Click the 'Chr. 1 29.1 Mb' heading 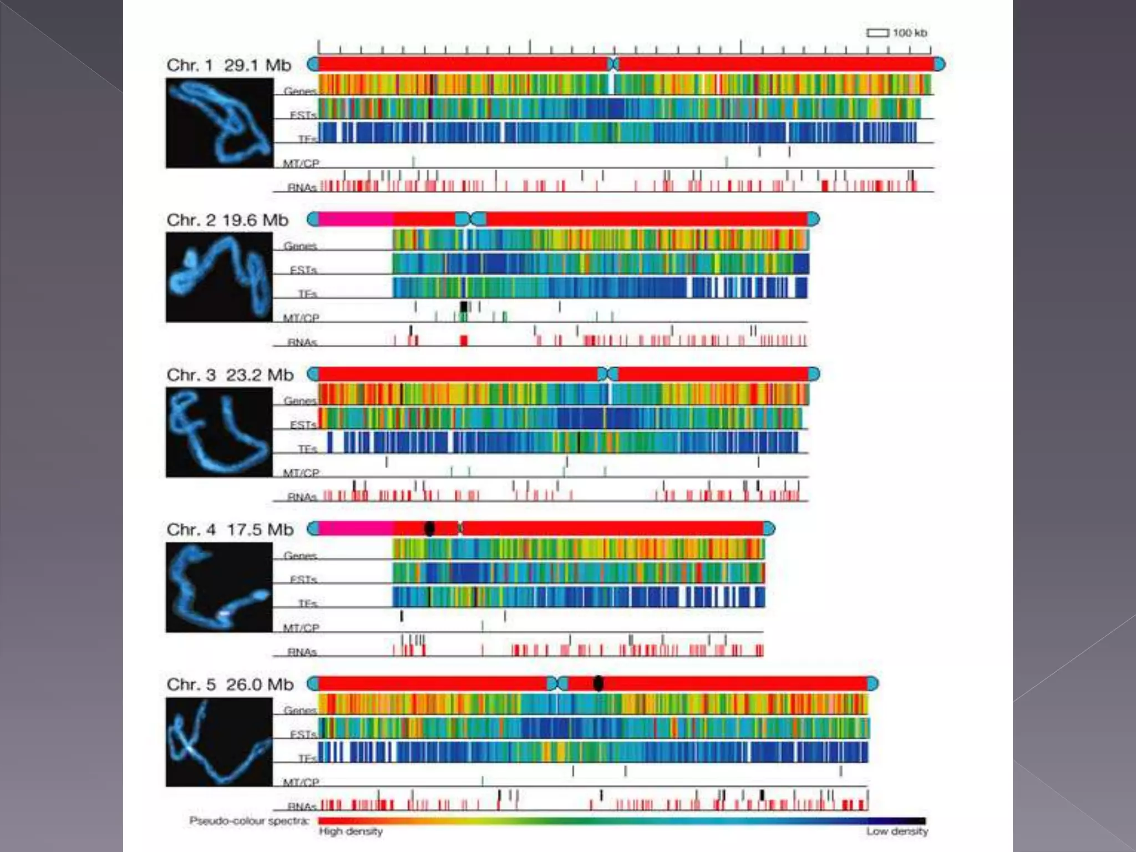click(x=229, y=65)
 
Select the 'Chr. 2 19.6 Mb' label click(x=227, y=220)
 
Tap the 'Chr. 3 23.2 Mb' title click(x=230, y=375)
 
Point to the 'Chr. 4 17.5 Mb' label click(x=230, y=530)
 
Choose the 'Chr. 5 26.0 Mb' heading click(x=230, y=684)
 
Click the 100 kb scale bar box click(x=878, y=33)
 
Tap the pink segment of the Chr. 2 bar click(x=356, y=219)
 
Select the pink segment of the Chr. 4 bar click(x=356, y=529)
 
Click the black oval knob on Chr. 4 click(x=429, y=529)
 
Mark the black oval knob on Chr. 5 click(x=598, y=683)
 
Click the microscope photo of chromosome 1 click(x=220, y=123)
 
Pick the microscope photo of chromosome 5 click(x=220, y=742)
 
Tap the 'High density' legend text click(x=351, y=831)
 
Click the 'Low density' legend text click(x=897, y=831)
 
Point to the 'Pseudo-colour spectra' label click(x=249, y=820)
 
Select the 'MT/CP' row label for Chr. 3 click(x=301, y=473)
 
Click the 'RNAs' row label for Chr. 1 click(x=302, y=187)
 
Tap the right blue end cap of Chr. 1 click(x=939, y=64)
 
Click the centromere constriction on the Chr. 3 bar click(x=608, y=374)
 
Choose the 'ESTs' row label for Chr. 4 click(x=303, y=579)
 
